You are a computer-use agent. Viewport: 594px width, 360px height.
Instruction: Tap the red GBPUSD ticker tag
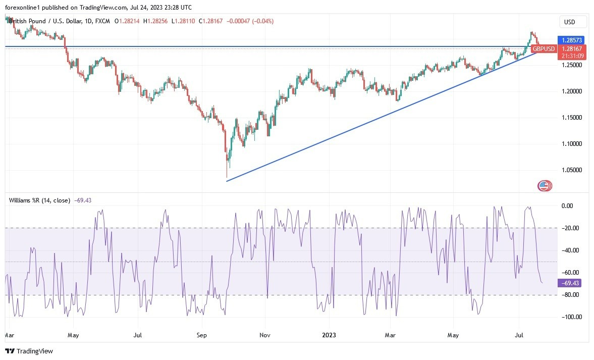tap(544, 49)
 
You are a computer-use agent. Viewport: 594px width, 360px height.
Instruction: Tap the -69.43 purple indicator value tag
tap(570, 283)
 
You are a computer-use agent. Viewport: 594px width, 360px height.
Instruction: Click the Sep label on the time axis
tap(202, 335)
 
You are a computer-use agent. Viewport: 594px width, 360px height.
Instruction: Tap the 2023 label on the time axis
tap(329, 335)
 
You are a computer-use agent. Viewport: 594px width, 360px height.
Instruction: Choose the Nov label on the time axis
tap(265, 335)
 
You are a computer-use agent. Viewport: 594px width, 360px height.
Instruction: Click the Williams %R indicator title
tap(39, 200)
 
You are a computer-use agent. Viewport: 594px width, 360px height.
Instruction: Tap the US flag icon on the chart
tap(544, 186)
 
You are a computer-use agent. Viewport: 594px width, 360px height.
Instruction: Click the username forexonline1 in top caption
tap(25, 7)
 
